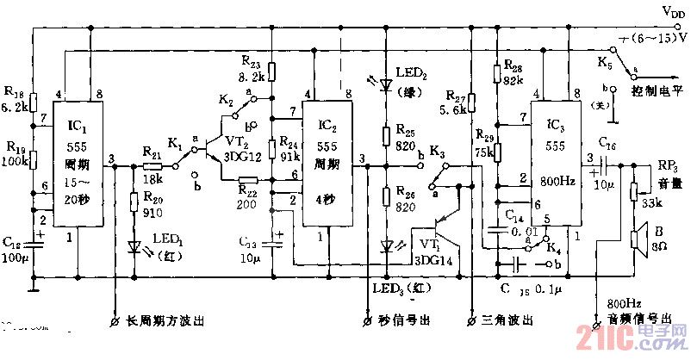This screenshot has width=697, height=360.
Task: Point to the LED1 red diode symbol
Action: [x=134, y=247]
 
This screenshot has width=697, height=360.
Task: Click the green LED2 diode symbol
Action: [x=385, y=86]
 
